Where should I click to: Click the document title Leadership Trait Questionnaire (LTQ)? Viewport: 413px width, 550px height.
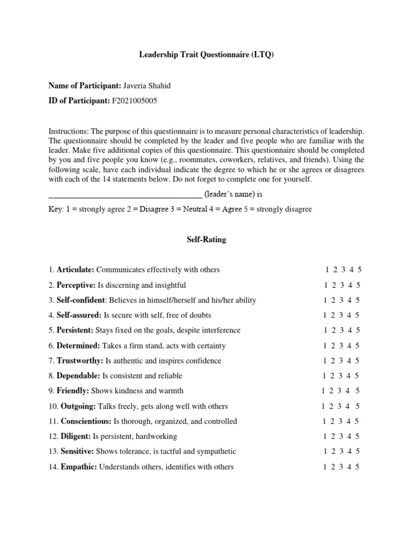[206, 55]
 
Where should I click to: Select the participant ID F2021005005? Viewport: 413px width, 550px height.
[134, 100]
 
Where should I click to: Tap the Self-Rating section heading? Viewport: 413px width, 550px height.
[206, 240]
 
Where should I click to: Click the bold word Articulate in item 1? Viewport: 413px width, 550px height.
[75, 270]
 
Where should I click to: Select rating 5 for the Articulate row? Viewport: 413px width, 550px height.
[359, 270]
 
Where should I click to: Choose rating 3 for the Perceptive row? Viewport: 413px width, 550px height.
[342, 285]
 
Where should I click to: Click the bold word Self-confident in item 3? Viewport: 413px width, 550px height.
[80, 300]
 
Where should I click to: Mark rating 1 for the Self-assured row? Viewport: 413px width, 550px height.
[325, 315]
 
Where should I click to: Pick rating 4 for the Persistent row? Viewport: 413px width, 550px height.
[350, 330]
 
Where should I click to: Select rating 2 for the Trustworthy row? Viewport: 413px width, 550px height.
[333, 361]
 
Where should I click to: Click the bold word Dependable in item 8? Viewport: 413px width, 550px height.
[79, 376]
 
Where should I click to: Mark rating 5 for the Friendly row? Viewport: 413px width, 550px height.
[358, 391]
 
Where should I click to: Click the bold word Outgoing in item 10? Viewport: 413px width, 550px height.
[79, 406]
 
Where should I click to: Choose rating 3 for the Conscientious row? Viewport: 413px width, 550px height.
[342, 421]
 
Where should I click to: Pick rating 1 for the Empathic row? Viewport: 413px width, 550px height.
[325, 467]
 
